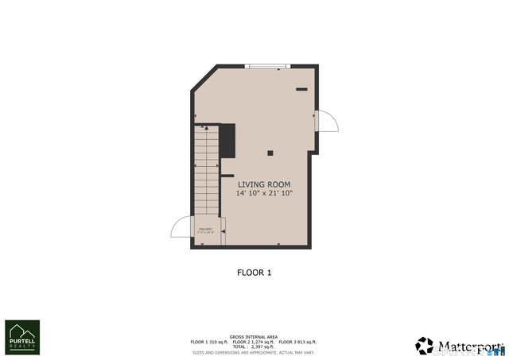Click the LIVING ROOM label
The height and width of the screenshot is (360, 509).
(x=264, y=184)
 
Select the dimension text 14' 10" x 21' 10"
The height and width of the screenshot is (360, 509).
(x=264, y=193)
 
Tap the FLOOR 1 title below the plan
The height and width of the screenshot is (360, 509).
(x=254, y=273)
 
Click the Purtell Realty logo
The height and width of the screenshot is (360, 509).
(x=22, y=337)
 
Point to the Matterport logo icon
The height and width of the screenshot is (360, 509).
(x=425, y=346)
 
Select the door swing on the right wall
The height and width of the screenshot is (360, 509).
(x=327, y=121)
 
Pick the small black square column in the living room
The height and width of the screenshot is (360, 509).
(x=270, y=153)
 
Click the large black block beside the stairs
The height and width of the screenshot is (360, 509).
(x=227, y=141)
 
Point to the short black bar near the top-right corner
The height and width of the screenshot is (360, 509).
(x=301, y=90)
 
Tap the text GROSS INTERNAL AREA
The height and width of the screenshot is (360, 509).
(x=254, y=337)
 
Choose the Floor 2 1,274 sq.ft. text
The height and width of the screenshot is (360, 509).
(x=254, y=342)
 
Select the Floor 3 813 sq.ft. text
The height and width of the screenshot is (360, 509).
(x=298, y=342)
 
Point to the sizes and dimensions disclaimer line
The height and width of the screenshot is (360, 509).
(x=254, y=352)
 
